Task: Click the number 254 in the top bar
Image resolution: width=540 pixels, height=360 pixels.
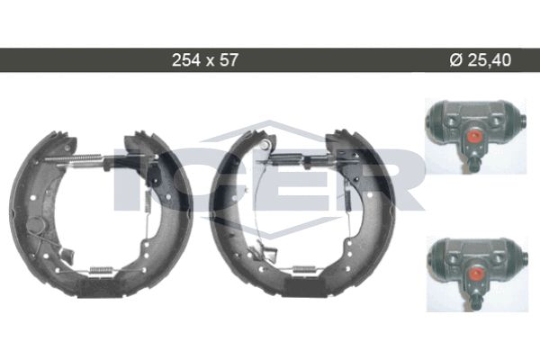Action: (x=186, y=60)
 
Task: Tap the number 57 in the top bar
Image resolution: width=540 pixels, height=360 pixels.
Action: (x=229, y=60)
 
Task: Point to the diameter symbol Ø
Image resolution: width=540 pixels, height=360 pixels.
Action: (x=455, y=60)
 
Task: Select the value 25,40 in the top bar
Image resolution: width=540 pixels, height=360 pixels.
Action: (x=490, y=60)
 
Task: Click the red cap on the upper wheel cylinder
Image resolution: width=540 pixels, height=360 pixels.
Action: (x=474, y=137)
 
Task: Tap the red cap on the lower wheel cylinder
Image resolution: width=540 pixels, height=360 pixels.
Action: (x=475, y=274)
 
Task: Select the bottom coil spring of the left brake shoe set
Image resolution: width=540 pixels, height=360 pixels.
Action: (x=101, y=271)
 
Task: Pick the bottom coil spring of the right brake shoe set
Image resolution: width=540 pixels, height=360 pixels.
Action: (x=304, y=270)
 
